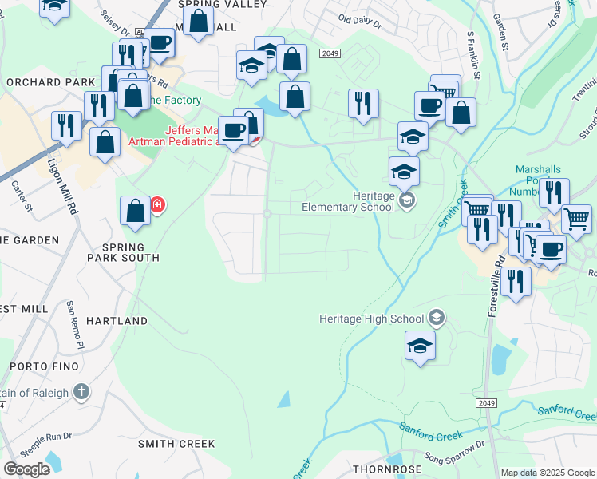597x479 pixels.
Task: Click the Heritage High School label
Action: [x=372, y=319]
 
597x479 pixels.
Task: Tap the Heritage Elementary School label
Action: [x=348, y=201]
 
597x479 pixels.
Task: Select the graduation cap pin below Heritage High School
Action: [x=420, y=346]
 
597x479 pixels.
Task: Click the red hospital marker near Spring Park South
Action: [x=157, y=205]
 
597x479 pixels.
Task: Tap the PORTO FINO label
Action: [x=45, y=366]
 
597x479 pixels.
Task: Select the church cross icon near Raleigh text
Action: [x=81, y=391]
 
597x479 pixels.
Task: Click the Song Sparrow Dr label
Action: [x=454, y=453]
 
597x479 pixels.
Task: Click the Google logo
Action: [x=26, y=469]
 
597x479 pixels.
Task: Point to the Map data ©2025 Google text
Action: [x=548, y=473]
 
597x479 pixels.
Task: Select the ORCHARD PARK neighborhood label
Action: [x=39, y=82]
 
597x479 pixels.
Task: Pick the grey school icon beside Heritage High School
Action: [x=436, y=318]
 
